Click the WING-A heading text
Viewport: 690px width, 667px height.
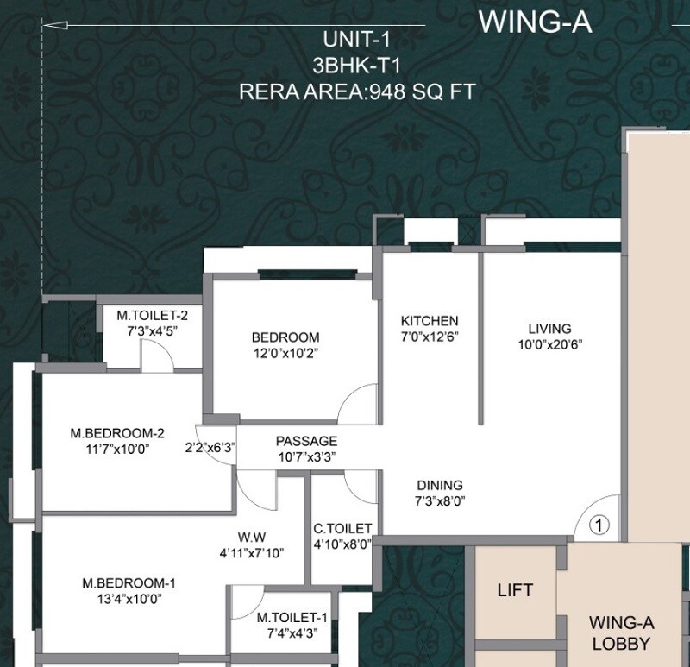click(535, 22)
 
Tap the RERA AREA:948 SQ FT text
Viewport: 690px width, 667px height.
click(357, 92)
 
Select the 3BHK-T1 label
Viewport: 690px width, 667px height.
click(357, 65)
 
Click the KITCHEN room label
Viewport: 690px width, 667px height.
click(430, 320)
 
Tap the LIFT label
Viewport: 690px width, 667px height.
click(515, 591)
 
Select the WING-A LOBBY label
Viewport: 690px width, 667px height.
click(618, 632)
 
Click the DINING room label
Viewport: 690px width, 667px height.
click(440, 485)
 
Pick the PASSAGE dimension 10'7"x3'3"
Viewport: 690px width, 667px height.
click(306, 456)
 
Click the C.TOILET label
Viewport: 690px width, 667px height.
click(342, 528)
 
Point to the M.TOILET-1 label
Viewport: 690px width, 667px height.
click(292, 617)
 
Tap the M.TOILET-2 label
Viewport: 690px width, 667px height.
click(153, 315)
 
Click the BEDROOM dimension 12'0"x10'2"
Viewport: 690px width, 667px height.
click(285, 353)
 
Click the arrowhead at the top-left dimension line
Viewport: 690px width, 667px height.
click(47, 26)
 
